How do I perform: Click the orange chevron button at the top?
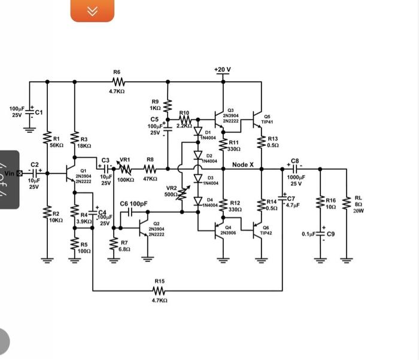tap(92, 11)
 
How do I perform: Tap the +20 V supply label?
tap(221, 70)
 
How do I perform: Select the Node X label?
tap(243, 164)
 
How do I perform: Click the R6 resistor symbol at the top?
tap(117, 82)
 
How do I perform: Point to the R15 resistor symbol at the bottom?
tap(159, 291)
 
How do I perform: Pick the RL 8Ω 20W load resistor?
tap(345, 203)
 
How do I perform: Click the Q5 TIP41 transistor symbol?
tap(258, 115)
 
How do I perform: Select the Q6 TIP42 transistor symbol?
tap(258, 229)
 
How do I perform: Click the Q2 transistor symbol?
tap(144, 228)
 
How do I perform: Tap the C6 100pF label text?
tap(133, 204)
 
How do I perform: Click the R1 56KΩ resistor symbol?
tap(47, 141)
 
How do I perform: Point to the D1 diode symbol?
tap(198, 133)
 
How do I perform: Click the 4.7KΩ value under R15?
tap(159, 301)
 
